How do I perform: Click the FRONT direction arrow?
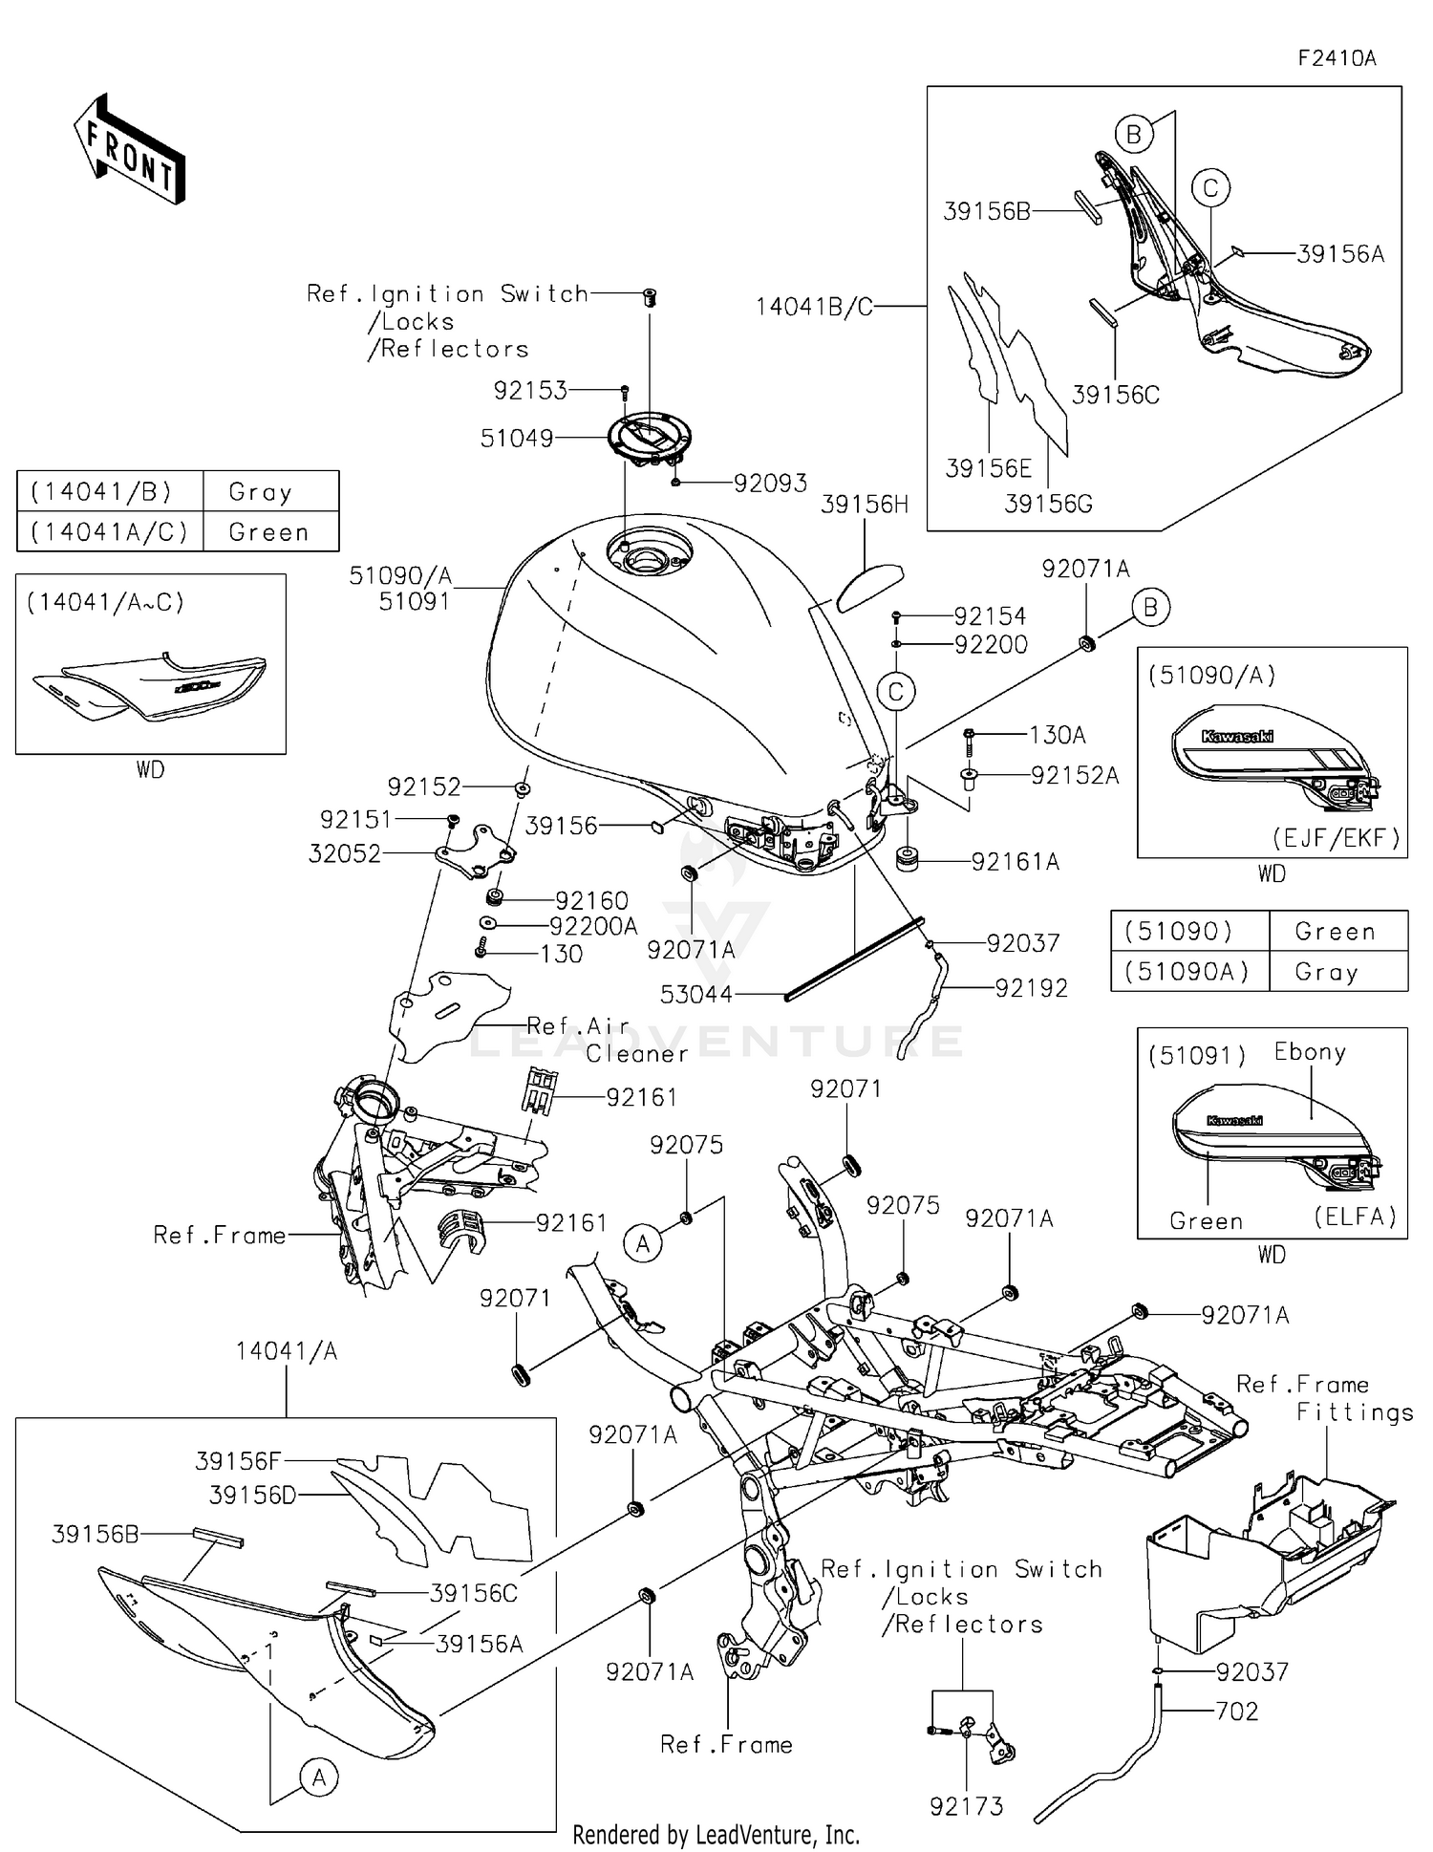129,150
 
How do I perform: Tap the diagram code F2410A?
1337,58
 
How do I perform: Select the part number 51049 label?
517,439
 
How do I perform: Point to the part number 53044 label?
696,995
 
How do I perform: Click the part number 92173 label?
966,1806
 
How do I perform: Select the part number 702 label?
1237,1712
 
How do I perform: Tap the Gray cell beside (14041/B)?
260,492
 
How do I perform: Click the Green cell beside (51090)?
1335,932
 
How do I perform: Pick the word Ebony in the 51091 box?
1310,1052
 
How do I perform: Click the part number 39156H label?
865,505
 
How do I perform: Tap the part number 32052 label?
345,853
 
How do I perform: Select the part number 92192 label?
1031,988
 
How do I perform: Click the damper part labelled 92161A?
906,859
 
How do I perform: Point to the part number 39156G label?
1048,504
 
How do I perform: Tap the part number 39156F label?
238,1461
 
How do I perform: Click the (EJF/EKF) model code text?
1336,838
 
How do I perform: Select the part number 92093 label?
770,484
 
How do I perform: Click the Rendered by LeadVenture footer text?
716,1835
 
